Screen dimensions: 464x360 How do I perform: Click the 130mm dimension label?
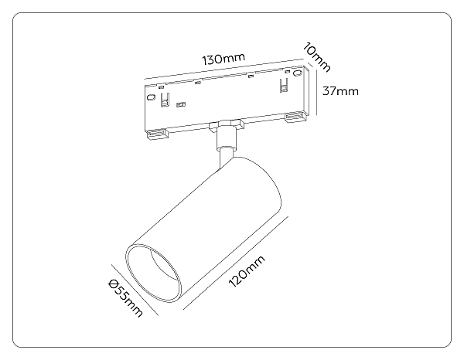[x=223, y=59]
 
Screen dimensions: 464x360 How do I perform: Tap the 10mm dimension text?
[x=316, y=57]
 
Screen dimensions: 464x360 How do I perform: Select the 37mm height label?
[x=340, y=90]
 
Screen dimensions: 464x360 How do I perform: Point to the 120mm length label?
[x=247, y=271]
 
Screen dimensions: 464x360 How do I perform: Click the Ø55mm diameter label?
[x=125, y=298]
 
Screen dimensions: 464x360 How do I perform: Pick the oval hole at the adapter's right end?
[x=297, y=73]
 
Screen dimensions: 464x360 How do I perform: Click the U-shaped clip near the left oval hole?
[x=165, y=100]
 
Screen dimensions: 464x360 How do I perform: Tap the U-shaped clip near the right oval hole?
[x=284, y=86]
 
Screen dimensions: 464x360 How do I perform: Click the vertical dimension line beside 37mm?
[x=317, y=92]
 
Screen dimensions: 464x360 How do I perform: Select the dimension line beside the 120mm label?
[x=236, y=263]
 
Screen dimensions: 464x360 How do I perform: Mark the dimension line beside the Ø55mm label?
[x=135, y=290]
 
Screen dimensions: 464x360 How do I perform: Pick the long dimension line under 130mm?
[x=224, y=69]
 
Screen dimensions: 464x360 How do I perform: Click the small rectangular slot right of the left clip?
[x=180, y=104]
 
